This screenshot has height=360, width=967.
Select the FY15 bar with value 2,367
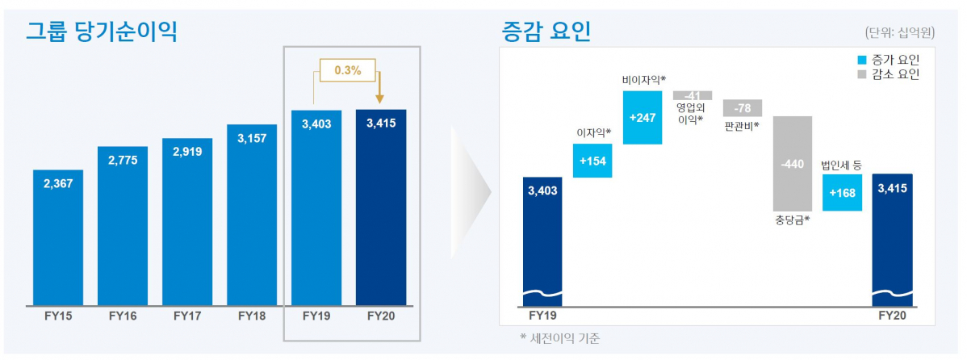(57, 238)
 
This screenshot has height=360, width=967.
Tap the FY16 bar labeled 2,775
(122, 226)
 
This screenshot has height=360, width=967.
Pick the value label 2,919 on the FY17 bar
(186, 151)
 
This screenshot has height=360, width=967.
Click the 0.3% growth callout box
(347, 70)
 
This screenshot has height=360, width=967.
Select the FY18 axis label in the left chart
(251, 316)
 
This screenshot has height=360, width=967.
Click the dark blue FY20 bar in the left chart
(380, 210)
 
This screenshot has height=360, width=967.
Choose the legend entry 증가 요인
(888, 60)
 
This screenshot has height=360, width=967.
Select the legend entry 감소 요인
(888, 74)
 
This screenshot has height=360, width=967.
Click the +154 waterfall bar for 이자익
(592, 161)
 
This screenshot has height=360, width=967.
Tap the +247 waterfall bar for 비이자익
(643, 117)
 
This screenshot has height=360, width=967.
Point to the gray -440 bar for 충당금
(793, 163)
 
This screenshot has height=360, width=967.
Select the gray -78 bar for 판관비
(743, 108)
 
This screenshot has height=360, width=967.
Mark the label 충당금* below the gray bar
(791, 219)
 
